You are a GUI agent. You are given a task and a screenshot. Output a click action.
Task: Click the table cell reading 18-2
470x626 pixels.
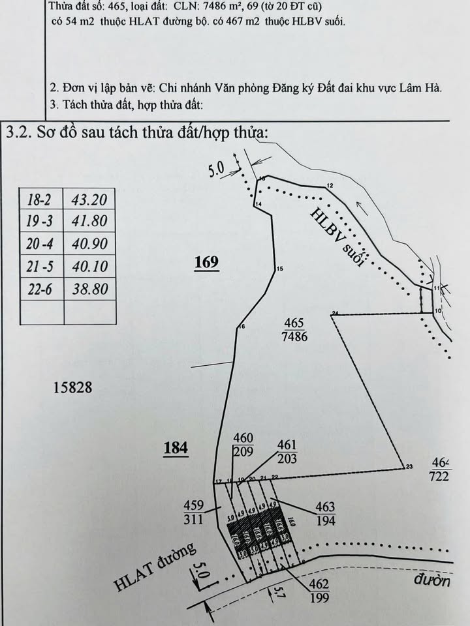coord(42,200)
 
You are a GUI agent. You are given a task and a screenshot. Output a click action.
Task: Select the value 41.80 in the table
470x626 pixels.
coord(90,222)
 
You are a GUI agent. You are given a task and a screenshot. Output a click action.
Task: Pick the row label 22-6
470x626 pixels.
coord(42,289)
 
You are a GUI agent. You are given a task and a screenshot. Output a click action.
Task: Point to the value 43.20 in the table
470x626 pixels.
coord(90,200)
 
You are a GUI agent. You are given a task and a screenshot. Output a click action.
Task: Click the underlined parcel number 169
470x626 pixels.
coord(206,263)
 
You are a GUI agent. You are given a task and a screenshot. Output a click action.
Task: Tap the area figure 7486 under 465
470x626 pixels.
coord(295,336)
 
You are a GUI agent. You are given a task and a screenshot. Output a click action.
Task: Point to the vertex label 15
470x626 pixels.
coord(280,269)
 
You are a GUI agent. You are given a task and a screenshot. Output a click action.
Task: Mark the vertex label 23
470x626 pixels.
coord(409,466)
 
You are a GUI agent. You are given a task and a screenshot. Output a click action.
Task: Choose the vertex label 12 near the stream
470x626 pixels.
coord(330,186)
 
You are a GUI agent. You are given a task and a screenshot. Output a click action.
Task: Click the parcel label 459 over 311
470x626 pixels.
coord(194,513)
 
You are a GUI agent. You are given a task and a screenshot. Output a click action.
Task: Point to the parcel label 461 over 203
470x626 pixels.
coord(287,452)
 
